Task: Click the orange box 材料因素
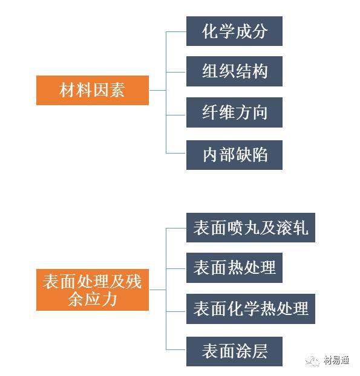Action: tap(93, 90)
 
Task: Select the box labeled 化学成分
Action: tap(234, 31)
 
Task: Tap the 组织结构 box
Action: tap(234, 71)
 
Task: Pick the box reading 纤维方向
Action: tap(234, 112)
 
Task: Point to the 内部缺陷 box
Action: tap(234, 155)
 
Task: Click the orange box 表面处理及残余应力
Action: tap(93, 290)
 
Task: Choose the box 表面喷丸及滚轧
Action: tap(250, 227)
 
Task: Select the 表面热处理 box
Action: tap(234, 268)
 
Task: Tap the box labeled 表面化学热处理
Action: tap(250, 309)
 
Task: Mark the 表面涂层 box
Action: tap(234, 351)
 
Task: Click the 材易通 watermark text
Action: tap(336, 360)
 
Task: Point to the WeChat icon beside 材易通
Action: tap(312, 361)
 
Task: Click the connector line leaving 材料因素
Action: tap(157, 91)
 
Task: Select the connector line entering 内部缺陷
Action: tap(176, 153)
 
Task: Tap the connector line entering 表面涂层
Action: tap(176, 349)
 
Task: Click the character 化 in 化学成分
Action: tap(210, 31)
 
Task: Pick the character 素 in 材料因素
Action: tap(117, 90)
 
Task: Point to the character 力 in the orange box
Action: tap(109, 299)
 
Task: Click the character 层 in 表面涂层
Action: tap(259, 351)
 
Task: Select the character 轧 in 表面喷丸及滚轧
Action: tap(300, 227)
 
